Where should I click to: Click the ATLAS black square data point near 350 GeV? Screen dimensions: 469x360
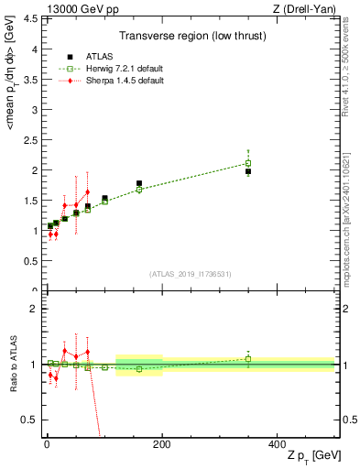point(248,171)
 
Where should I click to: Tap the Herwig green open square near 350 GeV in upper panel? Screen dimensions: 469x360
point(248,163)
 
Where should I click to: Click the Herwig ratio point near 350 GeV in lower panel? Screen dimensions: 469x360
point(248,358)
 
